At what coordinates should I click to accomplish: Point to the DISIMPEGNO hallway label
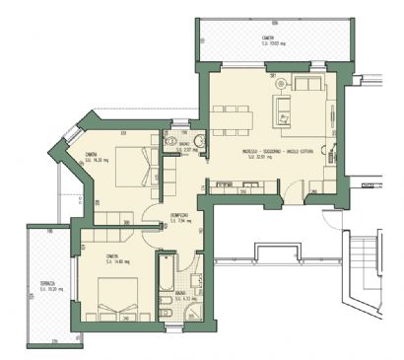(x=178, y=216)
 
